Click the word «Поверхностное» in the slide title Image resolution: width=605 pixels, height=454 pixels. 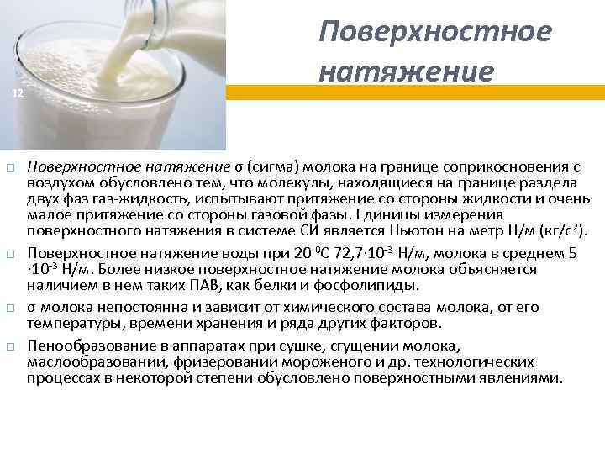point(435,31)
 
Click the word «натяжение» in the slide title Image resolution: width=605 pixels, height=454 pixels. point(405,71)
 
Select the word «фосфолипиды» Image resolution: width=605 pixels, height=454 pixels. point(376,286)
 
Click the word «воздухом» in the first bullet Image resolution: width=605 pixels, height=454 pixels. point(57,182)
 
